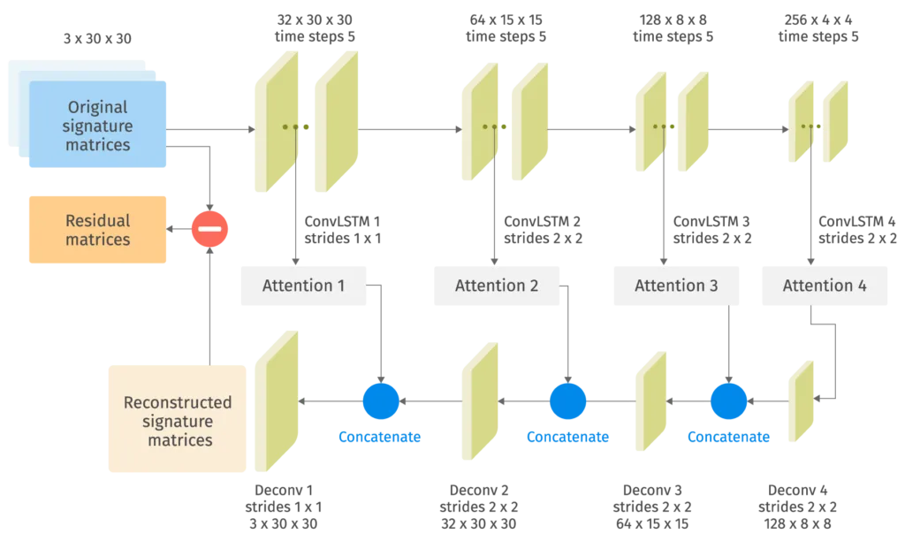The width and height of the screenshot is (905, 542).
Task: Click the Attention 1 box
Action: pos(304,286)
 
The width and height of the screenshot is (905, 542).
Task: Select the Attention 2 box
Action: pos(497,286)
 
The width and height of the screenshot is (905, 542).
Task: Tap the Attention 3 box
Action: pos(676,286)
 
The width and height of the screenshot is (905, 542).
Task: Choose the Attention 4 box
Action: pos(824,286)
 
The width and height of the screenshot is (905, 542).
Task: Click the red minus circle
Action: pos(210,229)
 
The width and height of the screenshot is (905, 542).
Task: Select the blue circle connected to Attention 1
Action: pos(381,401)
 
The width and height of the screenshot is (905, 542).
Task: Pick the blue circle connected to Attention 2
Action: pos(567,401)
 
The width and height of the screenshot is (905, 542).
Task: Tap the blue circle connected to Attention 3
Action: pos(728,401)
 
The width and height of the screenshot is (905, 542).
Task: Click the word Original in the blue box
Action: pos(97,108)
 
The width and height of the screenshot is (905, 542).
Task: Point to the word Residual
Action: pos(97,220)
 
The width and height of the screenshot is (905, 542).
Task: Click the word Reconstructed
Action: pos(178,402)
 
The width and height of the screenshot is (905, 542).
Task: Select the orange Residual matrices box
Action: pos(98,230)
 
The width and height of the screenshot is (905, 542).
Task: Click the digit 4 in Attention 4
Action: pos(861,286)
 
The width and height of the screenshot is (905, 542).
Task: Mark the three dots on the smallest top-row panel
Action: pos(807,126)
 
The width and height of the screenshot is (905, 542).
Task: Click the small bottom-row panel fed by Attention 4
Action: pos(802,400)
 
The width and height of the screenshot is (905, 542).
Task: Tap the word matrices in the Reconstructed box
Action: pos(178,439)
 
